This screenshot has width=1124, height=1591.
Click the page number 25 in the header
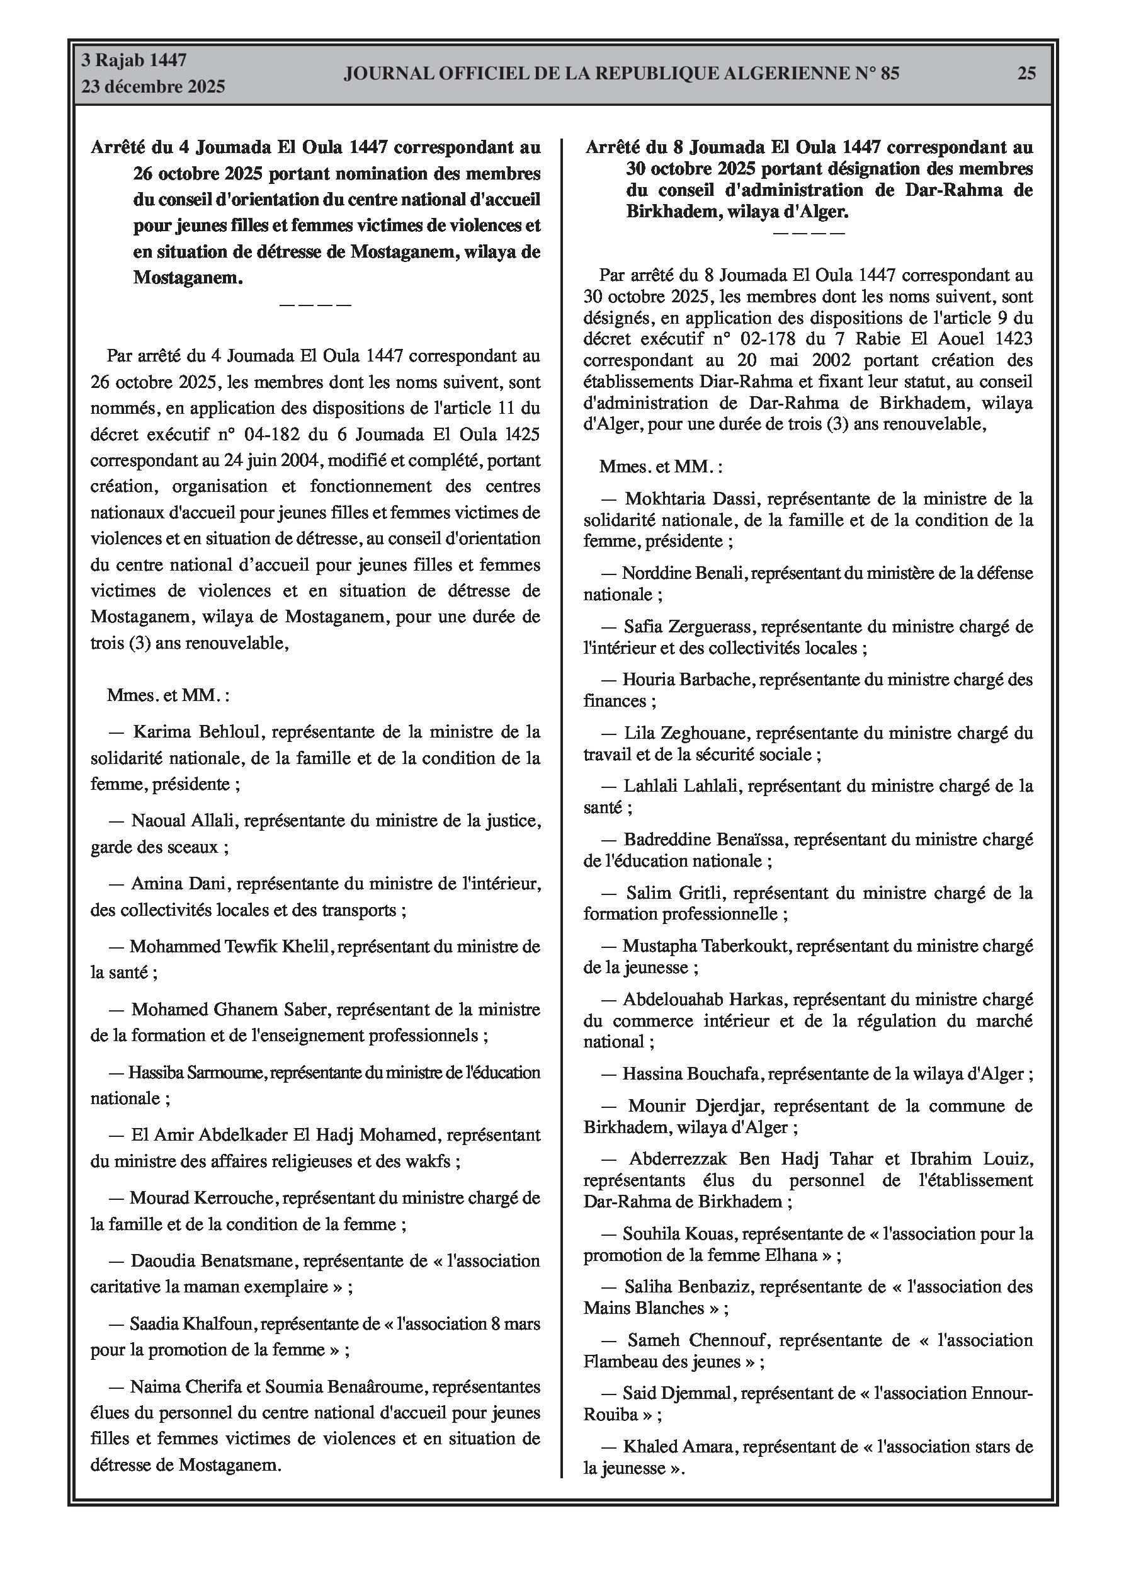pyautogui.click(x=1026, y=74)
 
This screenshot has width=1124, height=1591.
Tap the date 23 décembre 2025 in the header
pyautogui.click(x=153, y=87)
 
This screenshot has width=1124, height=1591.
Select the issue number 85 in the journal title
pyautogui.click(x=890, y=74)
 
